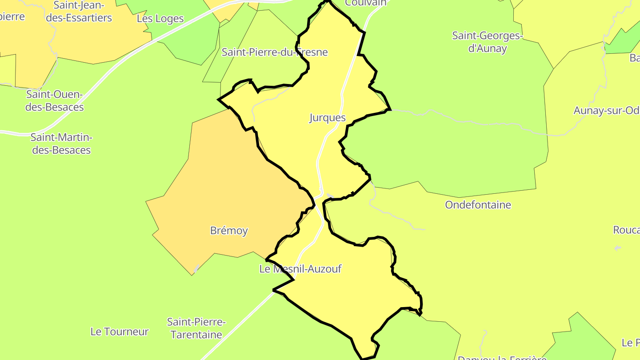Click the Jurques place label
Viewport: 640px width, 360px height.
328,118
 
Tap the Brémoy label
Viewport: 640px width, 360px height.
229,231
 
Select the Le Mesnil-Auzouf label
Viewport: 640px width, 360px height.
300,269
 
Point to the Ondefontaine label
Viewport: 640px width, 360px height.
478,205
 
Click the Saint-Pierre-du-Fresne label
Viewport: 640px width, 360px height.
275,52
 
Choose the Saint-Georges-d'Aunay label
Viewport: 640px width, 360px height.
488,42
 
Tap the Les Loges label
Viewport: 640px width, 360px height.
160,19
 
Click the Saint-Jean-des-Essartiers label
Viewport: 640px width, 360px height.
83,12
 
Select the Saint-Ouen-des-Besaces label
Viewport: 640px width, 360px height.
55,101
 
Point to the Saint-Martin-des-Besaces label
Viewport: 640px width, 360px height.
62,144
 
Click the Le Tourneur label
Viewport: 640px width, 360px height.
120,332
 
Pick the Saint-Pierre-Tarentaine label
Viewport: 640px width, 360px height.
196,328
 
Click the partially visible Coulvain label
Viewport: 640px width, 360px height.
366,3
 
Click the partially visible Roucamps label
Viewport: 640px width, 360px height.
627,230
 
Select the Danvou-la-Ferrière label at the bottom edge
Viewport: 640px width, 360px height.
502,357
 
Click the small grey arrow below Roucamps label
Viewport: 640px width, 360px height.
617,248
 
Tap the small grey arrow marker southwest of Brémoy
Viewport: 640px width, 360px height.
196,268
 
